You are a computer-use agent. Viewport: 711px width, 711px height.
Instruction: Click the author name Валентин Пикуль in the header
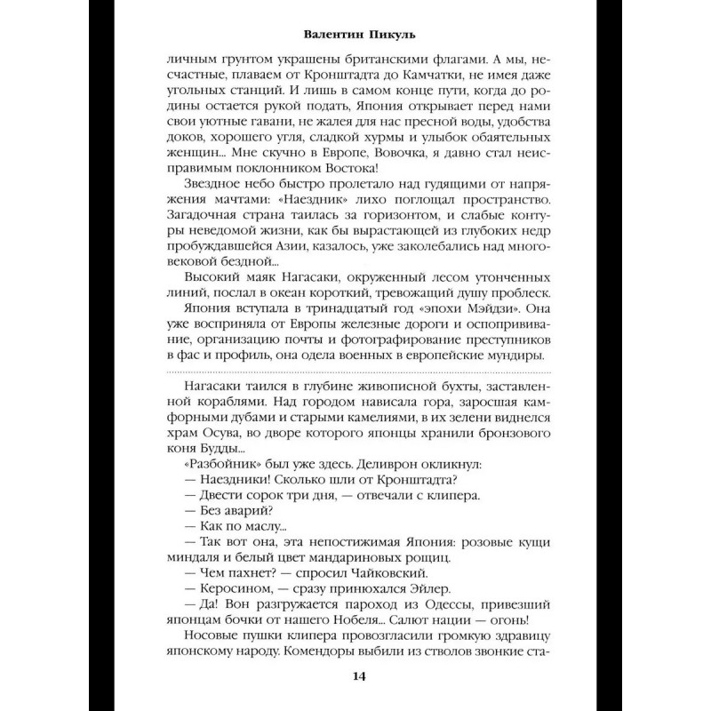point(355,37)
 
